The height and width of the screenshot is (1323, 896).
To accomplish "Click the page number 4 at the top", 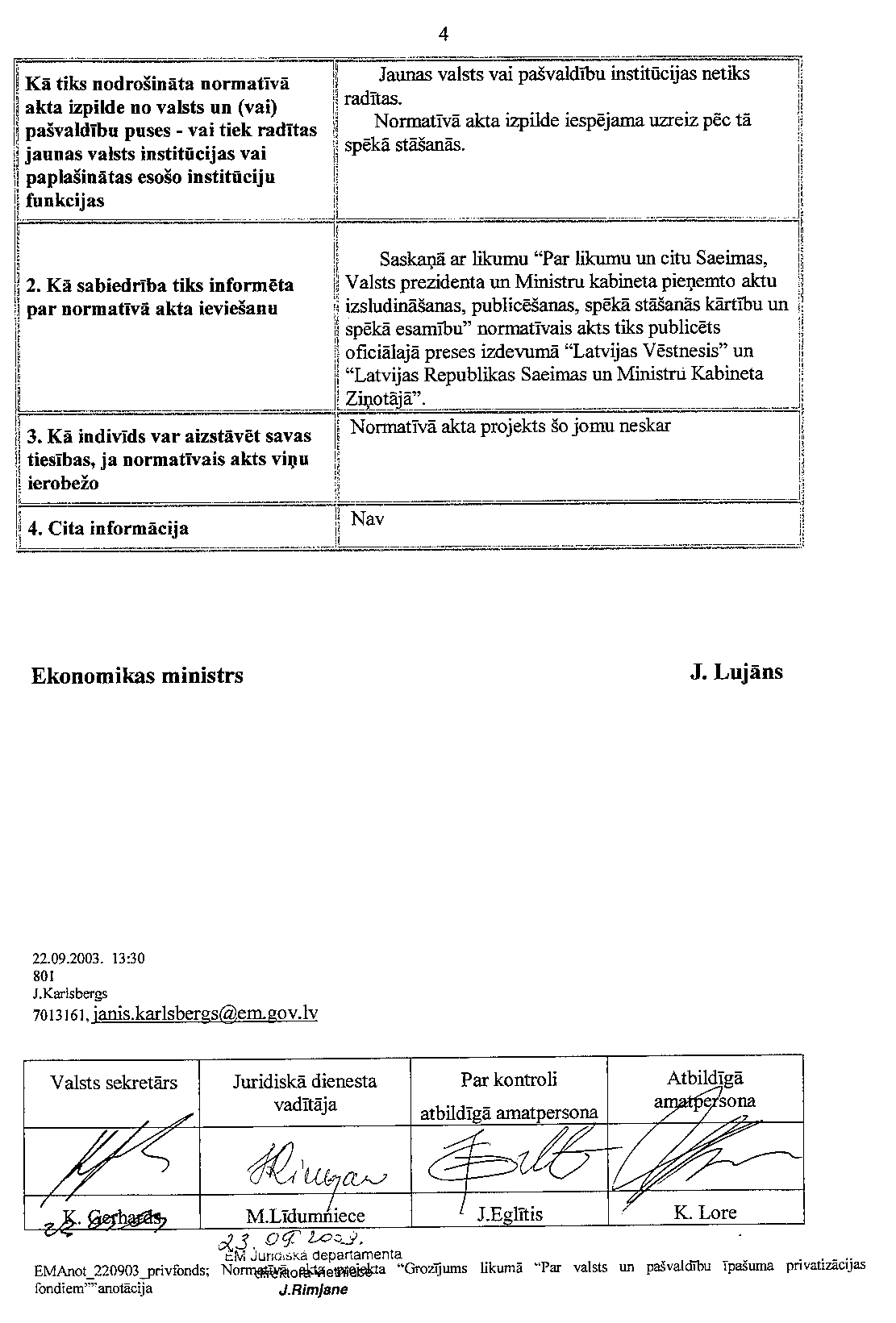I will coord(443,34).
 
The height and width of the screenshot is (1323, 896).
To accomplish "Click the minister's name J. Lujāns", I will coord(736,672).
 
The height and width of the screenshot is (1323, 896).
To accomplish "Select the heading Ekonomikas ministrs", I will coord(137,676).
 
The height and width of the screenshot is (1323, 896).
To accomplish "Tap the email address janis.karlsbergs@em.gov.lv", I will coord(206,1013).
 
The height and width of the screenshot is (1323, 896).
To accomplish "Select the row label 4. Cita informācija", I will coord(108,529).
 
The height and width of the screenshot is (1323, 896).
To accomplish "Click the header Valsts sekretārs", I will coord(114,1082).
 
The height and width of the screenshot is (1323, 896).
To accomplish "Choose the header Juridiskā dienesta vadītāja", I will coord(305,1092).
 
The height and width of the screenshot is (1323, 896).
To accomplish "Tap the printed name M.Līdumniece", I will coord(306,1215).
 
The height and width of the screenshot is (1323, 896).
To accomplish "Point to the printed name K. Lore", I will coord(704,1212).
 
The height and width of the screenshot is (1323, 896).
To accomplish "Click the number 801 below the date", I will coord(43,976).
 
